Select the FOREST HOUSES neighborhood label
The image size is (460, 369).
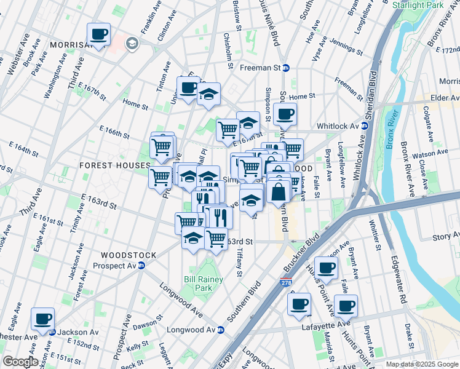tap(114, 166)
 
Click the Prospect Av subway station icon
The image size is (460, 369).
tap(141, 266)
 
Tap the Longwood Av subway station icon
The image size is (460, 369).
tap(220, 330)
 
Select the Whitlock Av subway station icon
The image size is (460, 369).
tap(364, 126)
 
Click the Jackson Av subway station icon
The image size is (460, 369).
tap(52, 332)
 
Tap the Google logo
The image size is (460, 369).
tap(20, 362)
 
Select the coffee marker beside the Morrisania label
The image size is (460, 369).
tap(98, 34)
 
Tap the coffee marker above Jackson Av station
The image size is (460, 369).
tap(43, 319)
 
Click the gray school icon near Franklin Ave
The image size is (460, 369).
tap(131, 43)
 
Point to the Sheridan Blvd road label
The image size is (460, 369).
tap(373, 90)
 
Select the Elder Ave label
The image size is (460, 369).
tap(444, 98)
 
